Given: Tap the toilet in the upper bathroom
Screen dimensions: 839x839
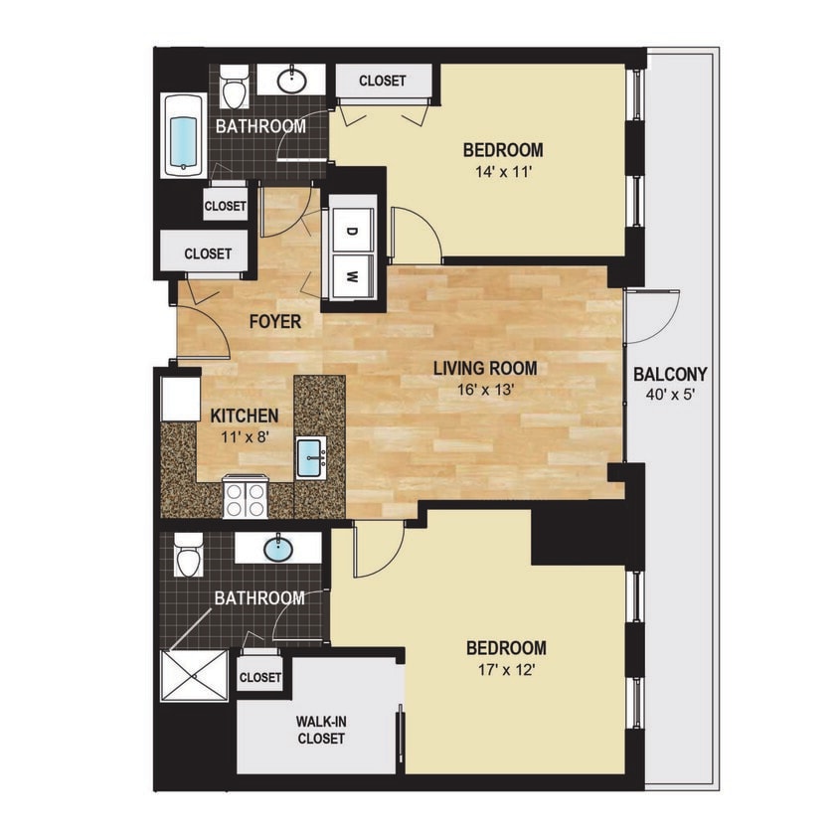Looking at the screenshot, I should coord(235,89).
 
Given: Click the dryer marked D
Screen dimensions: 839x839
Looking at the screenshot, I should coord(351,231).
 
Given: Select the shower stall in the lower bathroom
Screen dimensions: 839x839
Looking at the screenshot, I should coord(195,675).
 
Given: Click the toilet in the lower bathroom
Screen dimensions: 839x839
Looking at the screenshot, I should coord(187,557).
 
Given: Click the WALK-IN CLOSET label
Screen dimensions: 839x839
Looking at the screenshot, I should coord(320,730).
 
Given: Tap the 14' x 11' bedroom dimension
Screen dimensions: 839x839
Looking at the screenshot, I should coord(503,170).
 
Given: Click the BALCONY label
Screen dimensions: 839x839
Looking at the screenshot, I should coord(670,375).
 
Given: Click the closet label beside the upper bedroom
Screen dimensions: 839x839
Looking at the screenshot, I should coord(382,81).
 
